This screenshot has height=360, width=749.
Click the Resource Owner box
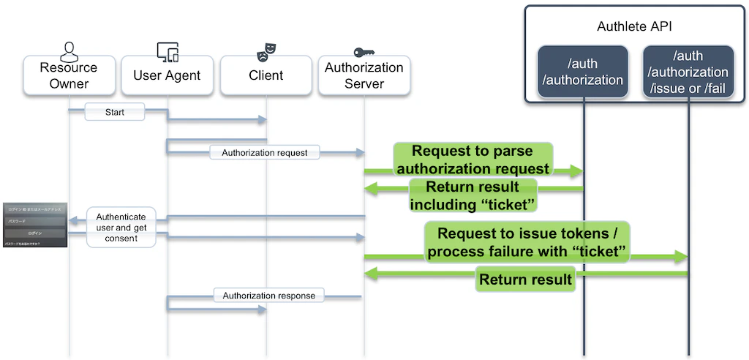click(x=69, y=76)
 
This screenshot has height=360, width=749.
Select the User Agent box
click(x=168, y=76)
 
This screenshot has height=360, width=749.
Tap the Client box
click(x=266, y=76)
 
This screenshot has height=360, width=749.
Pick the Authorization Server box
click(x=364, y=76)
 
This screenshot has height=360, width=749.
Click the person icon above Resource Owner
click(x=69, y=52)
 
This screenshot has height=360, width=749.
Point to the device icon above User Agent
click(x=168, y=52)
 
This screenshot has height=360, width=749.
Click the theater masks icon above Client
click(x=266, y=51)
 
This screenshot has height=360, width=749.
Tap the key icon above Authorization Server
click(x=364, y=52)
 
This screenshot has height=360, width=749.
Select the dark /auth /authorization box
click(x=583, y=71)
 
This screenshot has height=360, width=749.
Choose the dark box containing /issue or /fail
click(x=688, y=71)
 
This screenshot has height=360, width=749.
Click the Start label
click(x=115, y=113)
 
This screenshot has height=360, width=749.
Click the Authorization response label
click(x=269, y=296)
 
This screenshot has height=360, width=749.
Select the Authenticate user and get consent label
click(x=121, y=227)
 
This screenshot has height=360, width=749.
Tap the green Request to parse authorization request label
click(x=472, y=160)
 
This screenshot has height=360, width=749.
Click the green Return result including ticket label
click(x=472, y=195)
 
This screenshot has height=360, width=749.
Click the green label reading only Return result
click(x=524, y=279)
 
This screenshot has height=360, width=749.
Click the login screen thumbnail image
click(x=34, y=225)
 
